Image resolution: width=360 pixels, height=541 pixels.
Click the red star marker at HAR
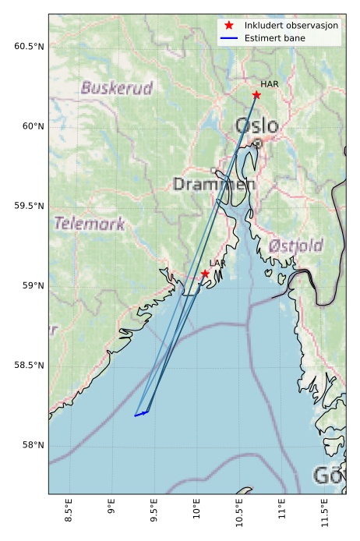pyautogui.click(x=256, y=94)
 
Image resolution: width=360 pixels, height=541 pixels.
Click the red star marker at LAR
pyautogui.click(x=205, y=274)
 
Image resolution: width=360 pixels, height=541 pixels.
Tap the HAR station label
pyautogui.click(x=270, y=84)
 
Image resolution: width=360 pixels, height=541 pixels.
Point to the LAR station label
pyautogui.click(x=217, y=263)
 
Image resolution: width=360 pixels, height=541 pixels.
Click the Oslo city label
pyautogui.click(x=256, y=126)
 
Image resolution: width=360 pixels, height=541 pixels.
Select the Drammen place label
pyautogui.click(x=214, y=185)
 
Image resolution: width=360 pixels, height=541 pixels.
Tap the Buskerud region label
pyautogui.click(x=116, y=88)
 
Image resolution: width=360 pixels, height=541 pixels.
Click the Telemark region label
pyautogui.click(x=89, y=224)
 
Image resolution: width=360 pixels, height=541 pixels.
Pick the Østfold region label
pyautogui.click(x=295, y=246)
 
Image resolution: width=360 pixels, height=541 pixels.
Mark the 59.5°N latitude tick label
pyautogui.click(x=29, y=206)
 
